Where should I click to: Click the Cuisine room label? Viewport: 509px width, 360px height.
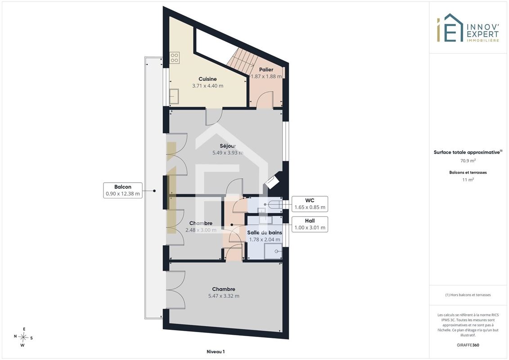[x=207, y=79]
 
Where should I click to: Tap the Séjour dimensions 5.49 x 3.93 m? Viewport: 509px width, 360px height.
[x=228, y=153]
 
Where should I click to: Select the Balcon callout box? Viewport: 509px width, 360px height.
[x=123, y=190]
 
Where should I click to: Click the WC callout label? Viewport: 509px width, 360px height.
[x=310, y=200]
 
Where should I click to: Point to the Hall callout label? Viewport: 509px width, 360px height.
[x=310, y=221]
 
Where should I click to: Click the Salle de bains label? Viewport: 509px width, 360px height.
[x=265, y=233]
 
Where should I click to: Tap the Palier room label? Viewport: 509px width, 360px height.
[x=266, y=69]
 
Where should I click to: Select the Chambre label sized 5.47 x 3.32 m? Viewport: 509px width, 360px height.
[x=224, y=289]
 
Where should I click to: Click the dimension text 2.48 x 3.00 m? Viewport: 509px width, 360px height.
[x=201, y=230]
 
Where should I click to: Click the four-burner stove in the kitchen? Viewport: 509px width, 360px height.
[x=174, y=58]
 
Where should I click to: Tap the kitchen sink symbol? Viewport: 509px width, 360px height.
[x=174, y=96]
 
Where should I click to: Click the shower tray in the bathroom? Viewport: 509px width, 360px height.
[x=273, y=251]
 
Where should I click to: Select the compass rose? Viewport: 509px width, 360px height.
[x=23, y=337]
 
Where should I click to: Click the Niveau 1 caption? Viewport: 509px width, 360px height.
[x=216, y=351]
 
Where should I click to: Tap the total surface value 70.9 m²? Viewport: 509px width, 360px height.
[x=468, y=160]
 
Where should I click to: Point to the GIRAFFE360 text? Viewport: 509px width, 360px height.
[x=468, y=345]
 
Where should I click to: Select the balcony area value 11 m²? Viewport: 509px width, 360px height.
[x=468, y=180]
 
